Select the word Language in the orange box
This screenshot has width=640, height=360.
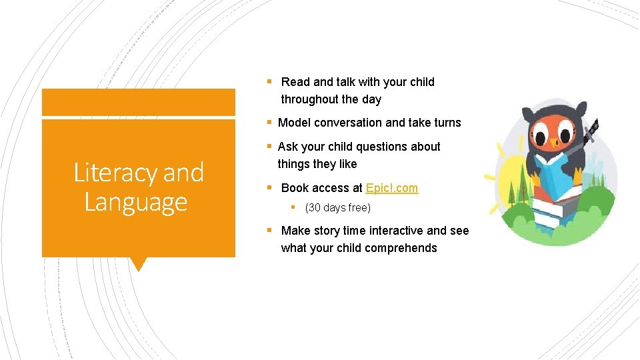click(136, 202)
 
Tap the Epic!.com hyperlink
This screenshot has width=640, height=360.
click(392, 188)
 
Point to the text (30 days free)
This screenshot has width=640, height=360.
click(337, 208)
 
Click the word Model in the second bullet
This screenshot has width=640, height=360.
click(294, 123)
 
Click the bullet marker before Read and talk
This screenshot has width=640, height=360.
click(269, 82)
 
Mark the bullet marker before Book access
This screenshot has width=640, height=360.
click(269, 188)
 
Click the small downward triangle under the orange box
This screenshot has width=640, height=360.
click(139, 264)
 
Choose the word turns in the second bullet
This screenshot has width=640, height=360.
click(444, 123)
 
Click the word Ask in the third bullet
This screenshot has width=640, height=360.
click(287, 147)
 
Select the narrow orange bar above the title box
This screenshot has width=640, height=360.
click(139, 103)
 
